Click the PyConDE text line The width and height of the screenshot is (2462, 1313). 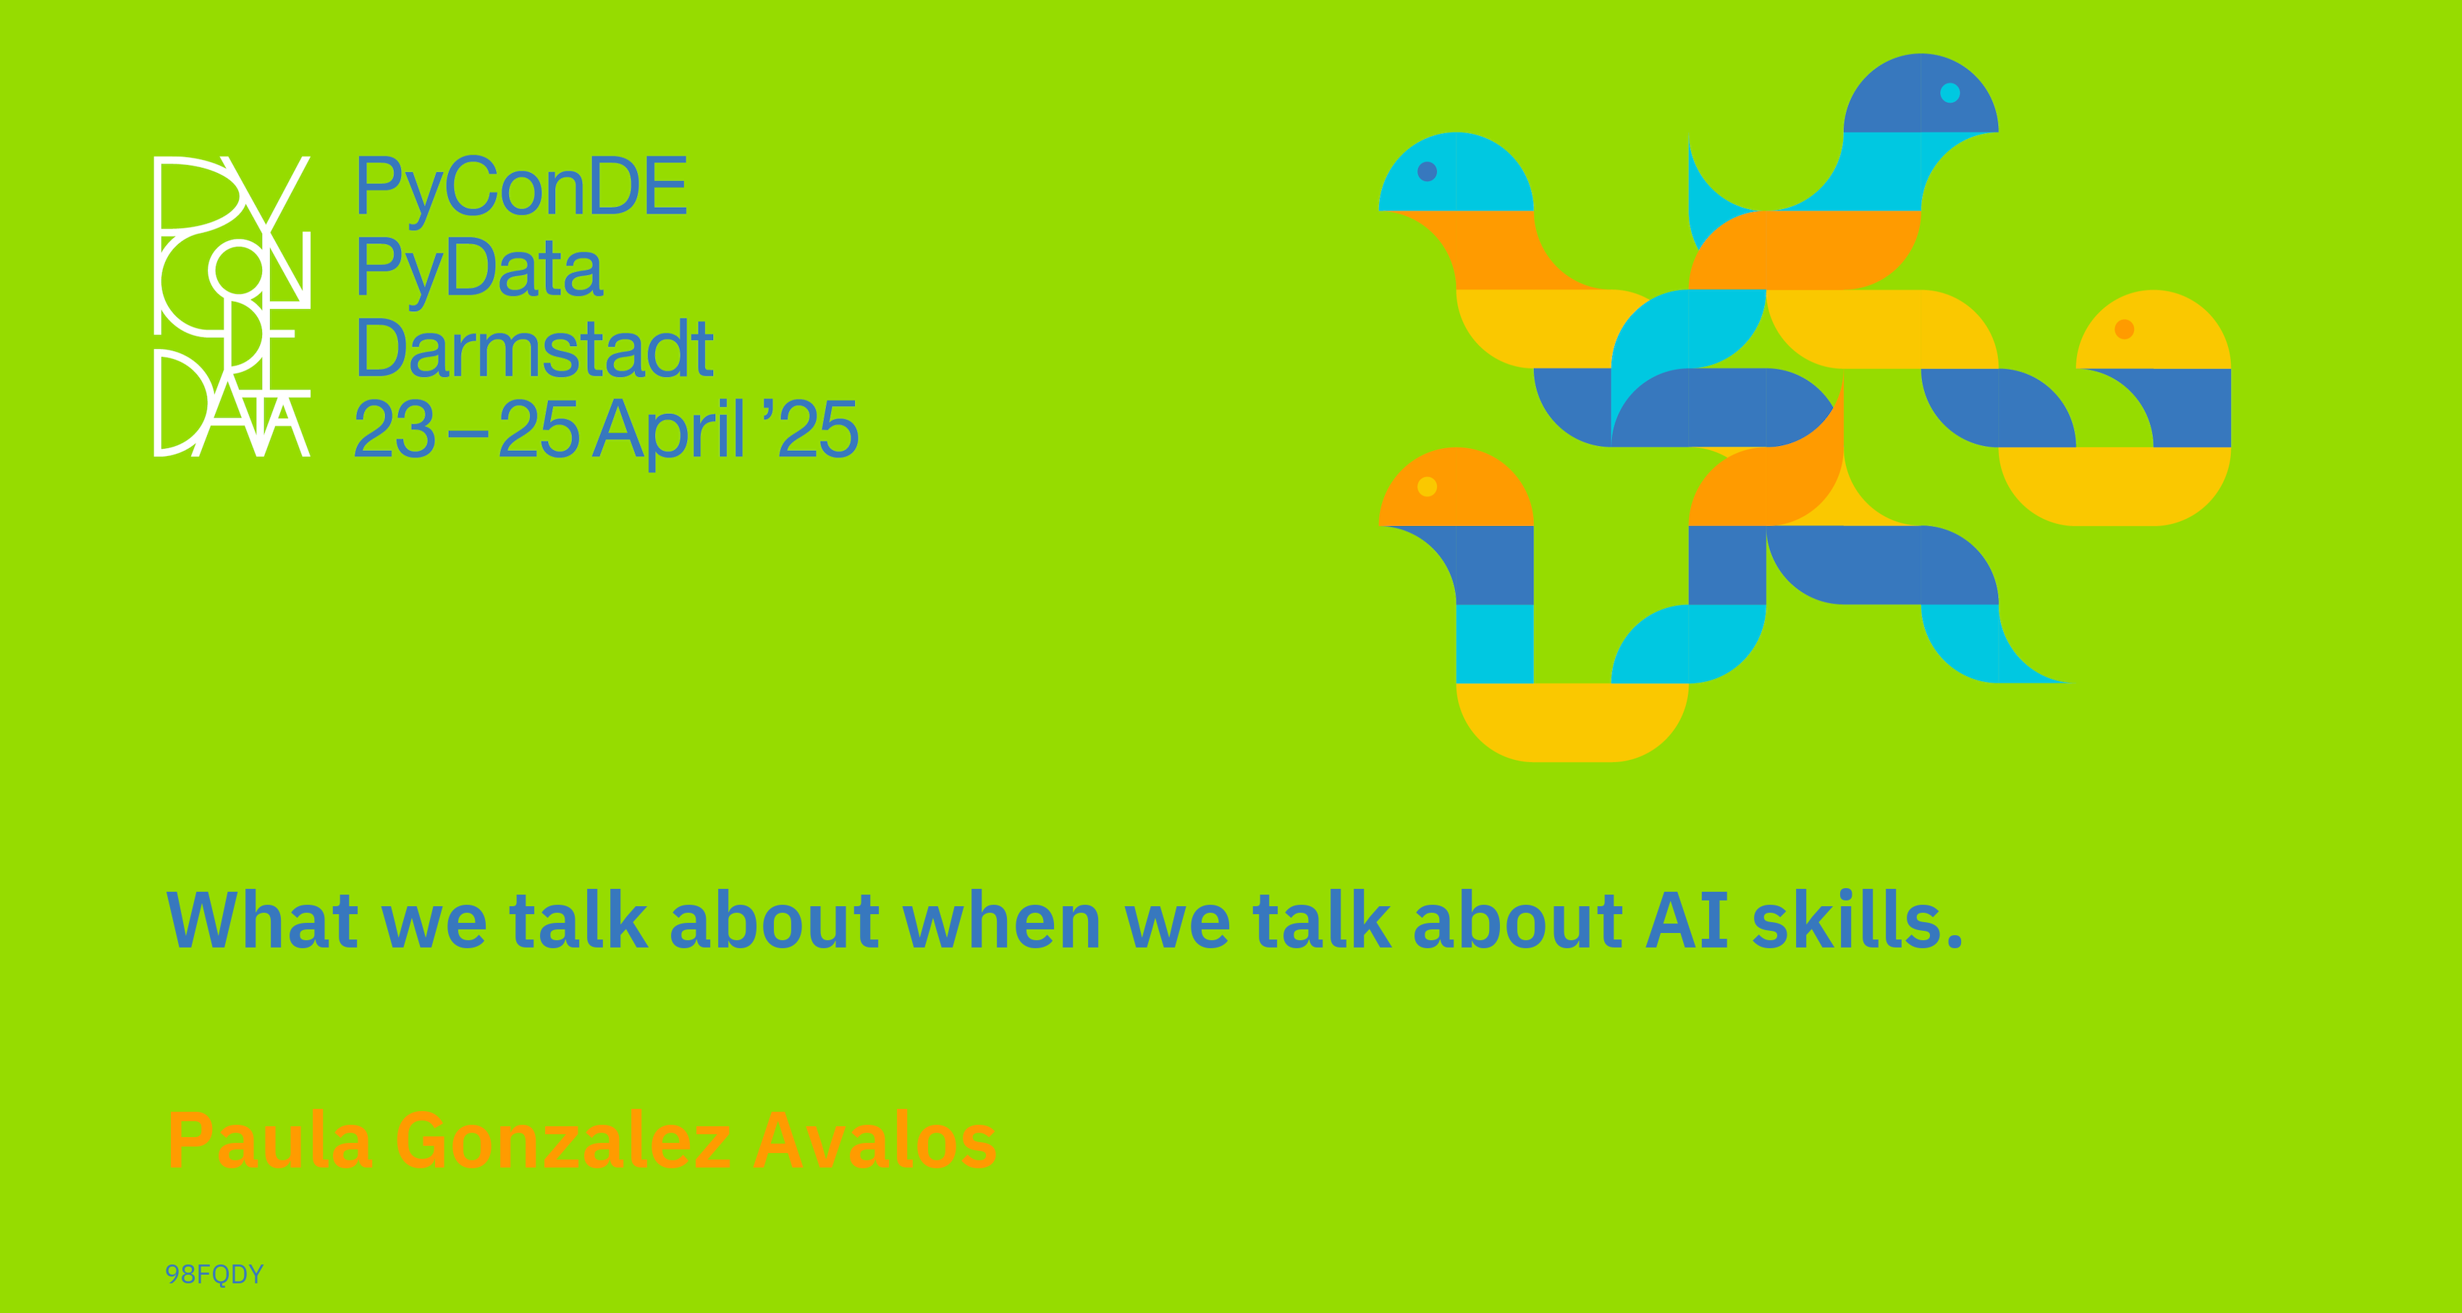(x=521, y=188)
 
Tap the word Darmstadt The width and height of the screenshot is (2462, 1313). (x=534, y=349)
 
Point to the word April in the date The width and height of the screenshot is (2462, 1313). (x=669, y=431)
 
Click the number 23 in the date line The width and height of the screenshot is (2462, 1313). (x=395, y=429)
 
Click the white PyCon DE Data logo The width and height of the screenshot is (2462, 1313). (x=232, y=305)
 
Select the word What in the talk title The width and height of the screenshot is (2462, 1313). (x=263, y=919)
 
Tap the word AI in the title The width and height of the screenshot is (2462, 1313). (x=1687, y=919)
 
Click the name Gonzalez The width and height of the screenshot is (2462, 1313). (x=563, y=1140)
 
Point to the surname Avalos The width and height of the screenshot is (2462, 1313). (x=874, y=1140)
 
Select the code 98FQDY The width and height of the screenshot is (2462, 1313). (x=214, y=1274)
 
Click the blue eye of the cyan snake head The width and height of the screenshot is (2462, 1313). (x=1427, y=171)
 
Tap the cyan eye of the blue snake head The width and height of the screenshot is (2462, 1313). (x=1949, y=93)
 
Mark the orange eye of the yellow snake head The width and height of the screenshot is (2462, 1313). (x=2125, y=329)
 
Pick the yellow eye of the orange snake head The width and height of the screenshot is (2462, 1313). (x=1427, y=486)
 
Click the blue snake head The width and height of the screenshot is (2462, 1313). (x=1921, y=93)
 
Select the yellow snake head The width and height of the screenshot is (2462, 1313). (x=2154, y=329)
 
